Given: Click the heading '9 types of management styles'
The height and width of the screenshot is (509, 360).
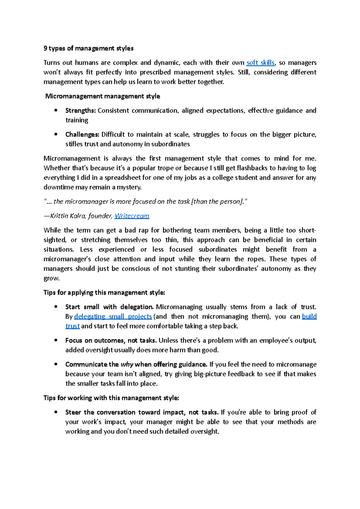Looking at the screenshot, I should click(88, 48).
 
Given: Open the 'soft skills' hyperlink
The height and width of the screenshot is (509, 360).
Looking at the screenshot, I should click(260, 63).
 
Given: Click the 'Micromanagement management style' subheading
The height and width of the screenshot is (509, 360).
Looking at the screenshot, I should click(103, 96).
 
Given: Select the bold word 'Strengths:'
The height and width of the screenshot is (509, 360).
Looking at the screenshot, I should click(80, 111).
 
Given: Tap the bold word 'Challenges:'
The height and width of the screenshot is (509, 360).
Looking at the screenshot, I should click(82, 135).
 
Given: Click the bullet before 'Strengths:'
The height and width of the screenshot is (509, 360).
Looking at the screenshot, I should click(56, 110).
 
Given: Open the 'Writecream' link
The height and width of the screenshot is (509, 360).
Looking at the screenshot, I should click(132, 216).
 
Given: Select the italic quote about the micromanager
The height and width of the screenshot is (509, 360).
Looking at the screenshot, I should click(146, 202).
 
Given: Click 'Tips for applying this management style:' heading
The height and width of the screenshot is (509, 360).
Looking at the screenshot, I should click(104, 293).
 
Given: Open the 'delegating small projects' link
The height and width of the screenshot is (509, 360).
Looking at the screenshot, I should click(113, 317).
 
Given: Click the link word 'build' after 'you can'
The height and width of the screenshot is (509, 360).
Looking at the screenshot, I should click(309, 317).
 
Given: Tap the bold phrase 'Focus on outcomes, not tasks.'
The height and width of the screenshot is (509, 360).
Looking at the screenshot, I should click(111, 341).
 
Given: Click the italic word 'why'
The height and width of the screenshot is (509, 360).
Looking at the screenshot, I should click(127, 365).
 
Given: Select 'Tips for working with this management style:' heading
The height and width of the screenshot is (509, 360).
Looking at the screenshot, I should click(111, 398).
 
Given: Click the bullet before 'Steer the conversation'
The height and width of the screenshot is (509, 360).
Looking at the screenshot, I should click(56, 412).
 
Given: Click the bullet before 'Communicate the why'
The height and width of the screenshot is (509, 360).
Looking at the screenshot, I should click(56, 364).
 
